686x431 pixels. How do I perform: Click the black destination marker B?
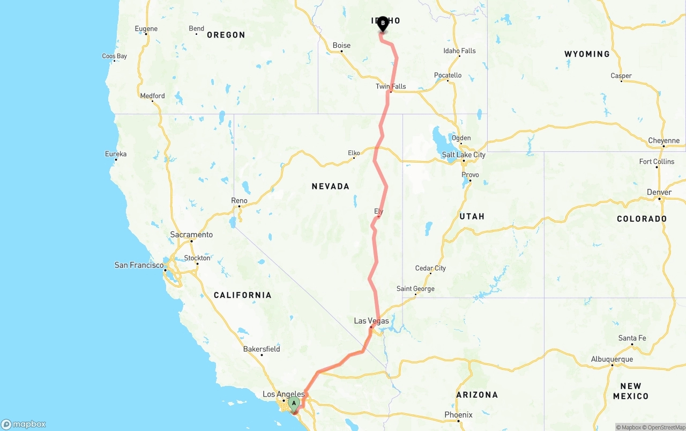coord(383,24)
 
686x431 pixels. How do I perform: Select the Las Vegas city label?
coord(371,321)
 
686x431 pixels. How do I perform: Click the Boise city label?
coord(341,46)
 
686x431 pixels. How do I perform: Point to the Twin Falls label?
coord(391,86)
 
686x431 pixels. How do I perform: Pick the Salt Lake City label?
coord(464,155)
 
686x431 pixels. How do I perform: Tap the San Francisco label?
coord(139,265)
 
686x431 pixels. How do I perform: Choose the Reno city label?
coord(239,201)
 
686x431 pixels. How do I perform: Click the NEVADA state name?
coord(331,186)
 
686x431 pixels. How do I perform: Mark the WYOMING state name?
coord(587,54)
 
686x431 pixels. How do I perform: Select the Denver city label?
coord(659,192)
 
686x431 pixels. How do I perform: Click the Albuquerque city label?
coord(612,359)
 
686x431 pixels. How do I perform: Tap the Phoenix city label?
coord(458,414)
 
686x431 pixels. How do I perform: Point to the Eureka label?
coord(116,154)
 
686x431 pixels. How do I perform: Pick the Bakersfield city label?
coord(262,349)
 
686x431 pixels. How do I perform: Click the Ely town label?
coord(379,211)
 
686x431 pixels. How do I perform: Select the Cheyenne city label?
coord(663,141)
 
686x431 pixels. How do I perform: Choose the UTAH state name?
coord(472,216)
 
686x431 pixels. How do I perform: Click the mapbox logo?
coord(24,424)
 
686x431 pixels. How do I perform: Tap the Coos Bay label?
coord(115,56)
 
